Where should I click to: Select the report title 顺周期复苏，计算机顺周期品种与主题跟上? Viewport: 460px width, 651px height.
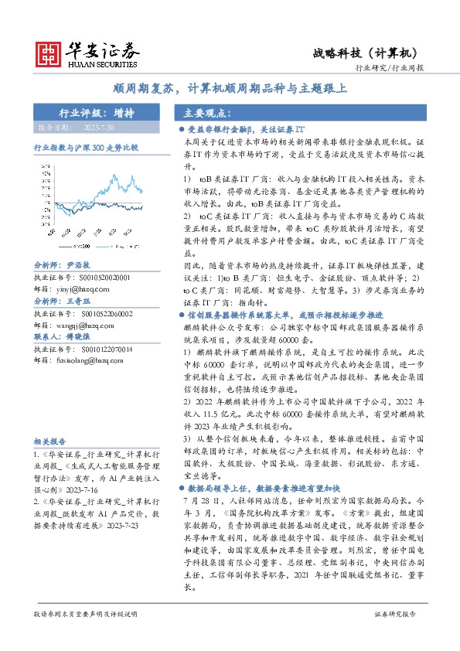click(230, 87)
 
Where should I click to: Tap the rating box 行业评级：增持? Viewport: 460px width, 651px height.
click(97, 113)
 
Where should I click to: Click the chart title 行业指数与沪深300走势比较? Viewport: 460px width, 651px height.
click(86, 145)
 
